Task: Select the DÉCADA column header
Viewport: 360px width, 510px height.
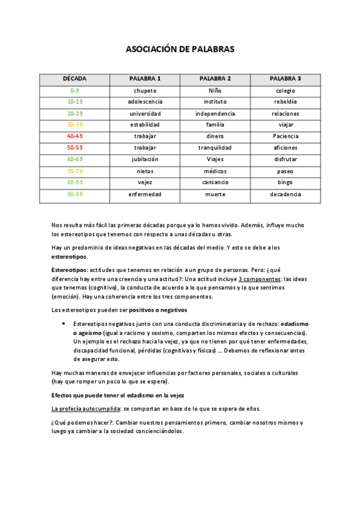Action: click(x=75, y=79)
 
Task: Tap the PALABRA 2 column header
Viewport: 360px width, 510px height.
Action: click(x=215, y=79)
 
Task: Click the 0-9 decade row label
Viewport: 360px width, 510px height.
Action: click(x=75, y=91)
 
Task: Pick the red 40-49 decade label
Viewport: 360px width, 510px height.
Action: click(x=75, y=137)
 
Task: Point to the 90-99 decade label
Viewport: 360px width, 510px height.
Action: click(x=75, y=194)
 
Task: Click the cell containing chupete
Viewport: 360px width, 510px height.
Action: click(x=145, y=91)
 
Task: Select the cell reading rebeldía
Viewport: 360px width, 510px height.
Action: click(x=285, y=102)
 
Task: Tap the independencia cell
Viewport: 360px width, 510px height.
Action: click(x=215, y=114)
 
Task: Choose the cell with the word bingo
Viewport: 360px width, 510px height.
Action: click(x=285, y=183)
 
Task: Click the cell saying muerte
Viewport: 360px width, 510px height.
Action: click(x=215, y=194)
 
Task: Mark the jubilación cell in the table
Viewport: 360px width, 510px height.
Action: click(x=145, y=159)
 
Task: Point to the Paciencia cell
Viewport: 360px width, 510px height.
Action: click(x=285, y=137)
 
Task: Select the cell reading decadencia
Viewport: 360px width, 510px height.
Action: click(x=285, y=194)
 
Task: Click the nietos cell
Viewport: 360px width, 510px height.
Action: click(x=145, y=171)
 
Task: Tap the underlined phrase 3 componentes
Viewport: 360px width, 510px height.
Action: click(x=259, y=280)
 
